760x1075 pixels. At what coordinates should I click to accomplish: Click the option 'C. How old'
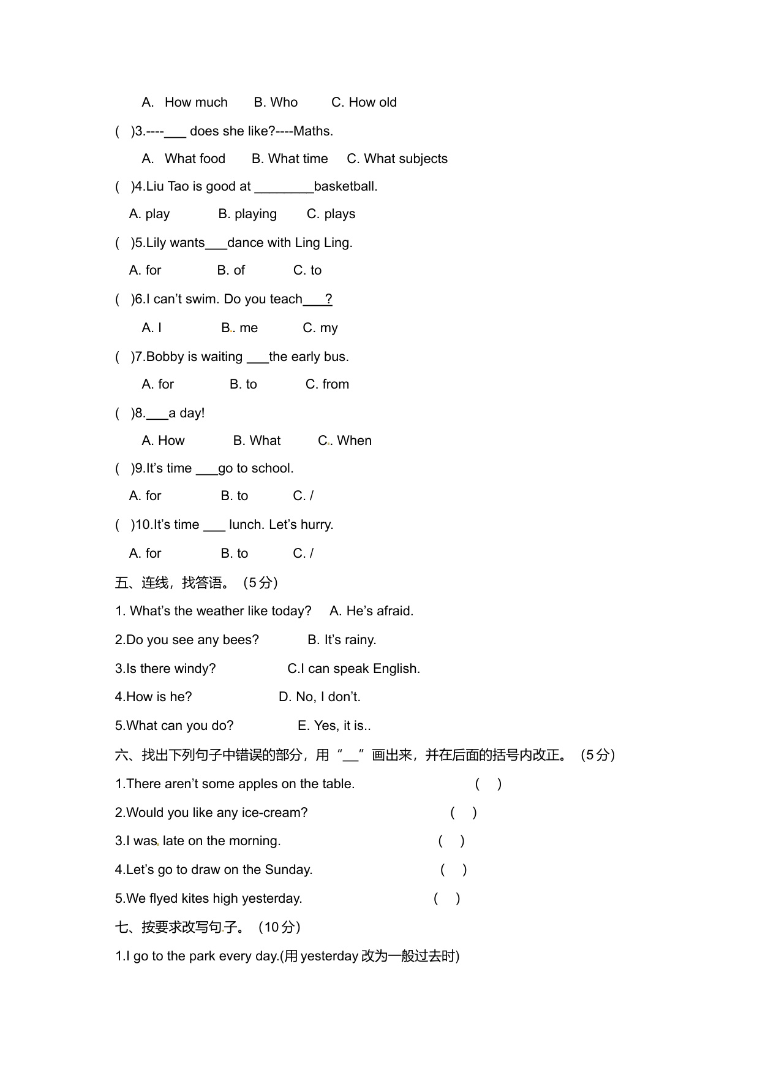coord(364,102)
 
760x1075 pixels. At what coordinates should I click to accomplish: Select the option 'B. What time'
coord(290,159)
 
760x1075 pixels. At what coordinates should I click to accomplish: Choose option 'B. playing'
coord(247,214)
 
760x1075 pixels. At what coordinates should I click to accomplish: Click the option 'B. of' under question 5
coord(231,270)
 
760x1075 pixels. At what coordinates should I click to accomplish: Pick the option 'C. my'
coord(320,328)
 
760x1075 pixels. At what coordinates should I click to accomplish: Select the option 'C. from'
coord(327,384)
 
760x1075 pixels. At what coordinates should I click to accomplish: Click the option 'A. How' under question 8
coord(163,441)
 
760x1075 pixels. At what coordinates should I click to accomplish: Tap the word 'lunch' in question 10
coord(247,525)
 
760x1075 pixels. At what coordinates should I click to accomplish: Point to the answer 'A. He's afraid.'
coord(371,611)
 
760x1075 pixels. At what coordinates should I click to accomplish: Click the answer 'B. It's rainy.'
coord(342,640)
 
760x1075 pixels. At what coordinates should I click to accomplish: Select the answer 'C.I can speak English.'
coord(353,669)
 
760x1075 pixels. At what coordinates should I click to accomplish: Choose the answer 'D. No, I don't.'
coord(319,697)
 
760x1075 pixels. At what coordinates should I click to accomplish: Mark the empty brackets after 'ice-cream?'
coord(464,813)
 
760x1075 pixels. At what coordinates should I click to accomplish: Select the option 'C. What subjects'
coord(397,159)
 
